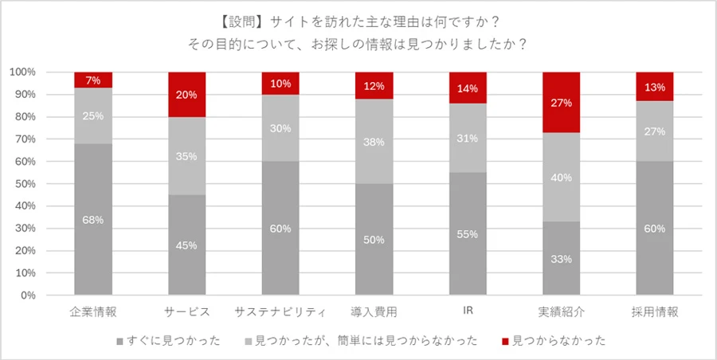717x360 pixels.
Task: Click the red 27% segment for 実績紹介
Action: pos(562,102)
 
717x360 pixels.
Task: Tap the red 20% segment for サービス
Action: pos(186,94)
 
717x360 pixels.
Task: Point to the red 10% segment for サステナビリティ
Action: pos(280,83)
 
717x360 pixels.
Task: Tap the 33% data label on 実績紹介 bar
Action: pos(562,259)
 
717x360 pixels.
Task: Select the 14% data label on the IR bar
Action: pos(468,88)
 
